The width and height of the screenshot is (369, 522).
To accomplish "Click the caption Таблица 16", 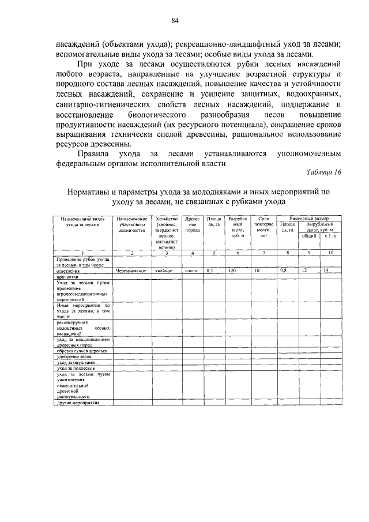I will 324,172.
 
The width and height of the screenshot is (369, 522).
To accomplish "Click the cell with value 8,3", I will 212,270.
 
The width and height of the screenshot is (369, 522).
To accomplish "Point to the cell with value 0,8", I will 283,270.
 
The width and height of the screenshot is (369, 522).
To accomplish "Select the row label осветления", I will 69,270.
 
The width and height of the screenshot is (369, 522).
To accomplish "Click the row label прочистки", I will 67,276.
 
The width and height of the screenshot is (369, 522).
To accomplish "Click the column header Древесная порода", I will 193,224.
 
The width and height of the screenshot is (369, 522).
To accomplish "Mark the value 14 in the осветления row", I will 326,270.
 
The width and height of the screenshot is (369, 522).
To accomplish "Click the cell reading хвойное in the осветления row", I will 164,270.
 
